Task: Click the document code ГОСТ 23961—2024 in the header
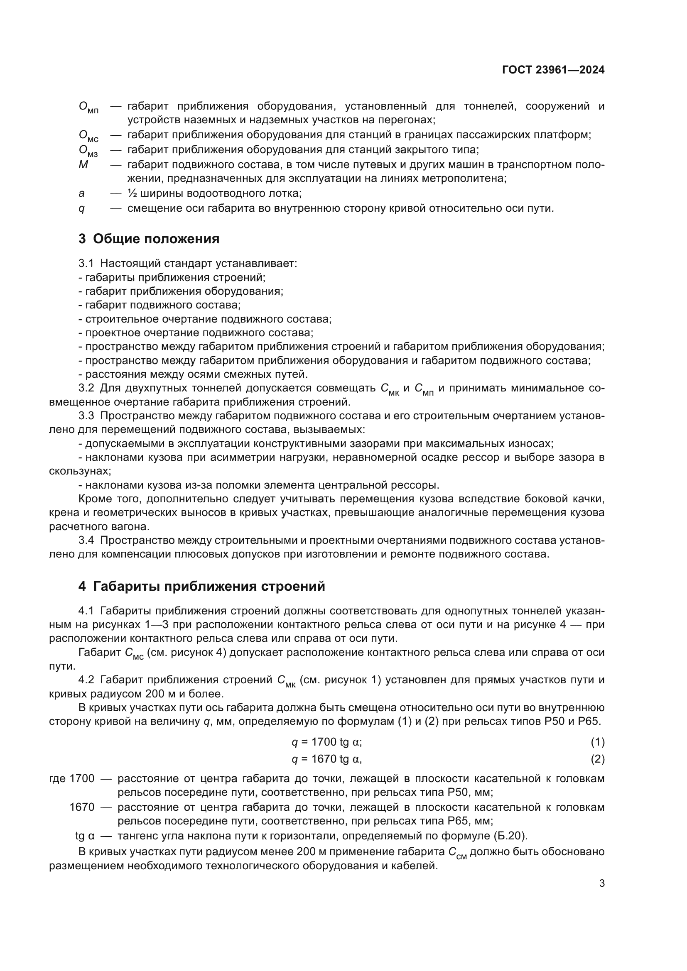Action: click(553, 70)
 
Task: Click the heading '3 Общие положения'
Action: click(149, 239)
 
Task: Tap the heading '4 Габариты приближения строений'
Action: click(202, 586)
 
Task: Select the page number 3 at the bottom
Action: click(601, 883)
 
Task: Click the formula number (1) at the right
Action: click(597, 742)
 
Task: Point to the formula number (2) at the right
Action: click(597, 759)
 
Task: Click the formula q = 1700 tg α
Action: click(326, 742)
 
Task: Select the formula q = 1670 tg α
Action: click(326, 759)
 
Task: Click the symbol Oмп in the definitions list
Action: click(88, 108)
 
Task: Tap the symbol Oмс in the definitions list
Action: click(88, 136)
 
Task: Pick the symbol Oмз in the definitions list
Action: click(88, 151)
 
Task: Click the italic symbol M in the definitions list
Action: click(83, 164)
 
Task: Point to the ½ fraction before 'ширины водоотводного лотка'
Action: click(132, 193)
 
